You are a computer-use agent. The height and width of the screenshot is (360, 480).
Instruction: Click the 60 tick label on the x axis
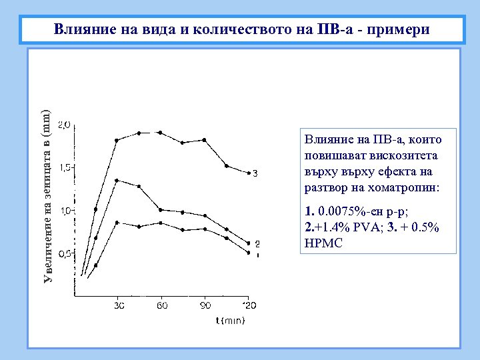[161, 305]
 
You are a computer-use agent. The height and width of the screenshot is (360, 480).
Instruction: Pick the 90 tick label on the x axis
[205, 305]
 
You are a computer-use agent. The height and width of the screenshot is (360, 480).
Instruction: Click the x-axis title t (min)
[230, 321]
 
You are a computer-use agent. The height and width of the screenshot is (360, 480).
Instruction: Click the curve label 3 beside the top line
[255, 173]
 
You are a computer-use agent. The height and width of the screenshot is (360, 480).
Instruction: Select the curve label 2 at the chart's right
[257, 244]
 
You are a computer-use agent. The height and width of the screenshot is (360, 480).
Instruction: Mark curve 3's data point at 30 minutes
[117, 140]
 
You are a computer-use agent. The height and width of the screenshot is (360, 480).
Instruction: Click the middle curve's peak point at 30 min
[117, 180]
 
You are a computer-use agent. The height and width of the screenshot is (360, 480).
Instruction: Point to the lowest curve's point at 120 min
[248, 253]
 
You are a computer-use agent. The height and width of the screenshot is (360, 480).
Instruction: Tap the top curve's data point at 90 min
[204, 140]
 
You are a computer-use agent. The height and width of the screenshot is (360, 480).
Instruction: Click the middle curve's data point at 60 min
[161, 209]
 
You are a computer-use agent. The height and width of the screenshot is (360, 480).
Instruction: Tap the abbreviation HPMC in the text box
[323, 243]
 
